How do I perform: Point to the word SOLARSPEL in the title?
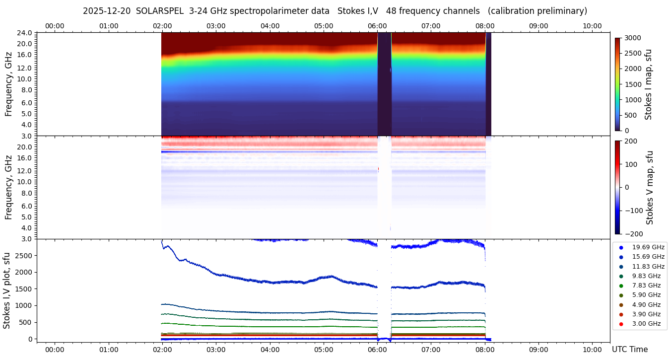pos(159,11)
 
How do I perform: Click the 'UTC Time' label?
pos(629,350)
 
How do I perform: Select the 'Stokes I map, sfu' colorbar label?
pos(648,84)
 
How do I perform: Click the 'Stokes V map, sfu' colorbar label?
pos(650,188)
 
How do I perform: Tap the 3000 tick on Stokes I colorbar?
pos(632,38)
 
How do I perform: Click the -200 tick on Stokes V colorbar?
pos(633,234)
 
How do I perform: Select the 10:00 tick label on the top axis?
pos(592,26)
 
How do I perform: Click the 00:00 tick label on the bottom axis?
pos(55,350)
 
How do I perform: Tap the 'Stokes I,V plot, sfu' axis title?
pos(7,290)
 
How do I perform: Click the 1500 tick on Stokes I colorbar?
pos(632,84)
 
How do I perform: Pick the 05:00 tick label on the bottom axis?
pos(324,350)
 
